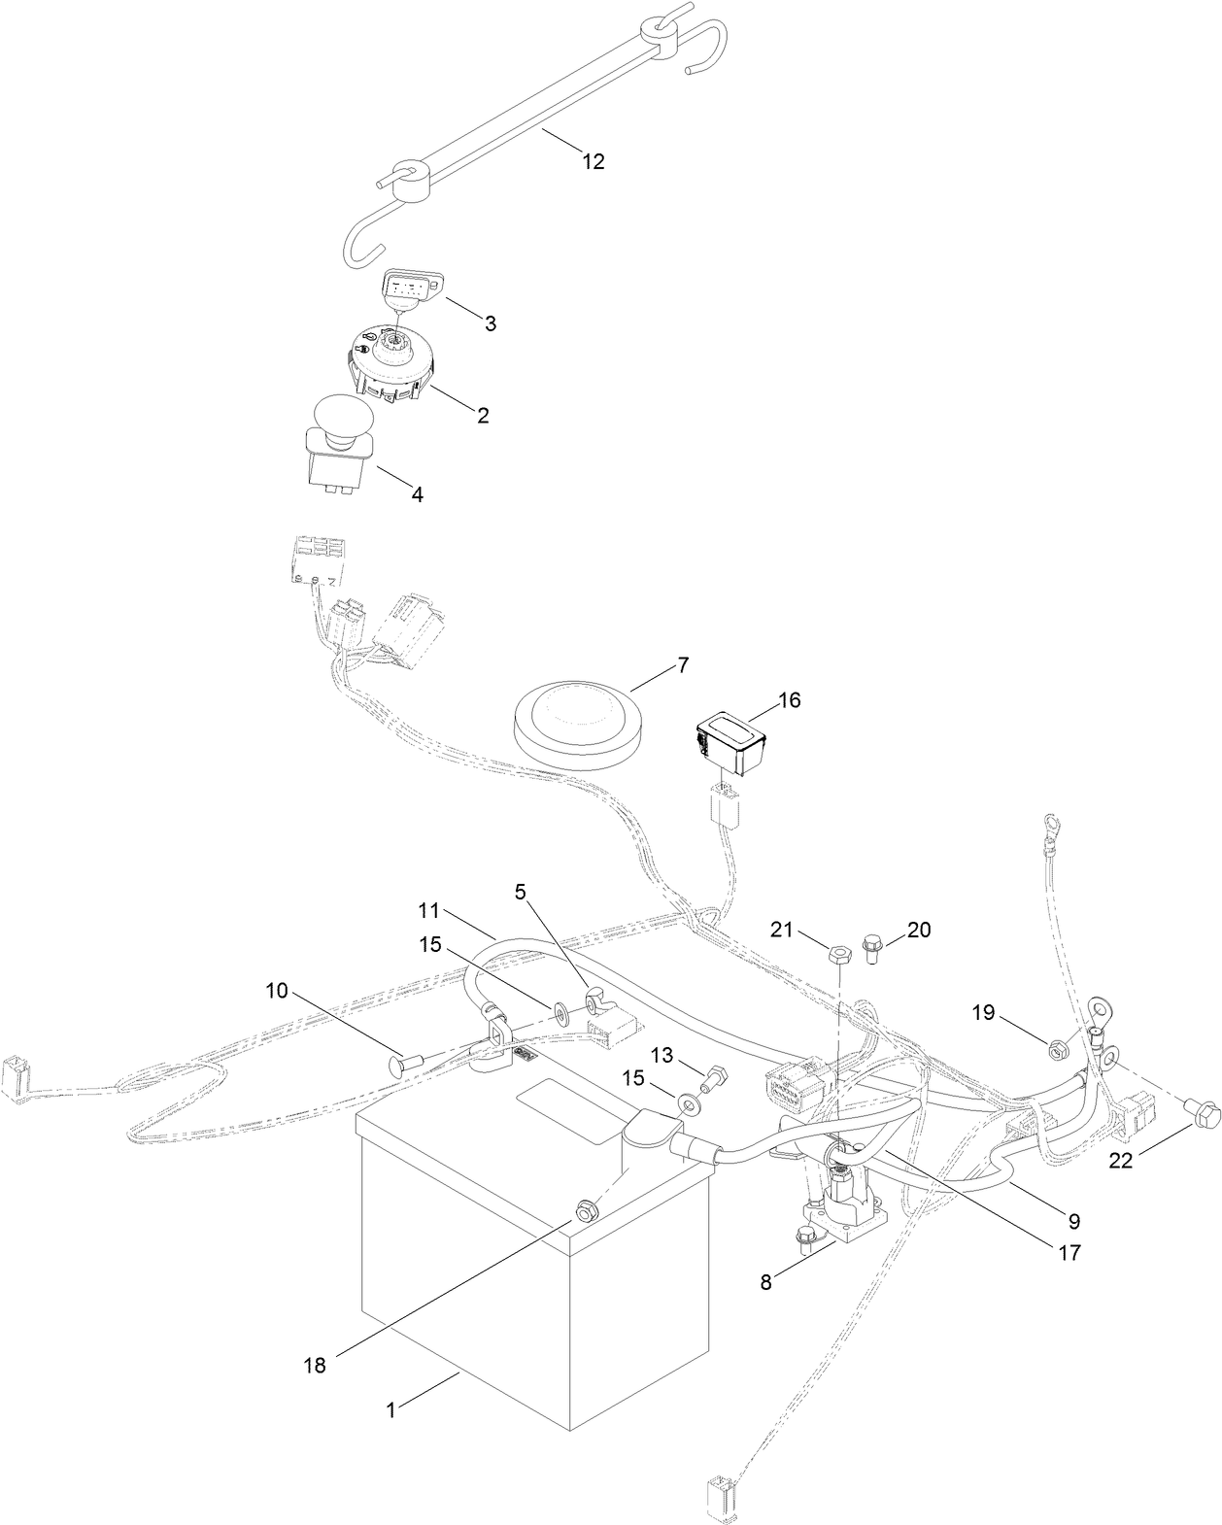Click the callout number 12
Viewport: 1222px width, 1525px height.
click(593, 162)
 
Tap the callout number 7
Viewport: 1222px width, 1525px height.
click(682, 666)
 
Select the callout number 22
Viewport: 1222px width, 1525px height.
click(1121, 1160)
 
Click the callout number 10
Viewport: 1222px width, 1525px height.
click(277, 991)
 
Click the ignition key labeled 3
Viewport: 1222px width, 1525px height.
click(406, 288)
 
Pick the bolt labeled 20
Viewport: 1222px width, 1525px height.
click(870, 947)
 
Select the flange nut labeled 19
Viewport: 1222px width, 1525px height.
click(1059, 1047)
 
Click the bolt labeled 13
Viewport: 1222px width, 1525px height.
click(716, 1077)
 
